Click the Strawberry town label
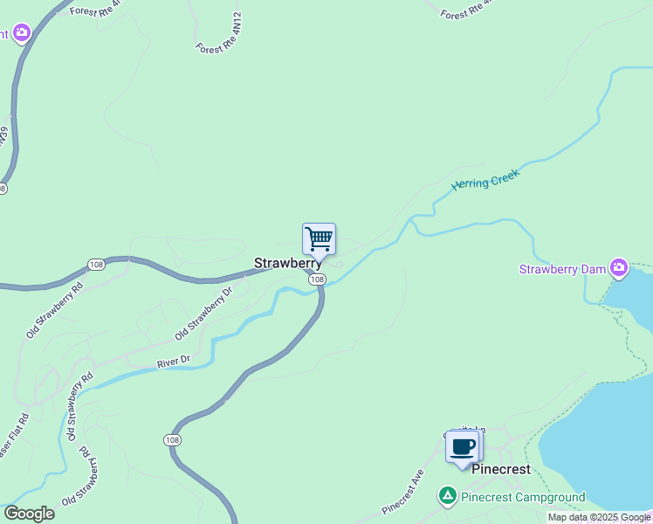click(286, 263)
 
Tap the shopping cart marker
click(320, 238)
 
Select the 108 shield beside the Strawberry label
click(317, 279)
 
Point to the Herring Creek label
click(485, 181)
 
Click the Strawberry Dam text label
click(562, 269)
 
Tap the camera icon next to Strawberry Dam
click(619, 267)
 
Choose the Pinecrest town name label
click(501, 469)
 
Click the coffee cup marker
click(463, 447)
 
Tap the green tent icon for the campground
click(448, 496)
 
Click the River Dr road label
click(173, 362)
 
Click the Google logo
click(29, 514)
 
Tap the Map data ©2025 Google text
click(599, 517)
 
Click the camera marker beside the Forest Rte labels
click(20, 34)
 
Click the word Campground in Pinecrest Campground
click(547, 498)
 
